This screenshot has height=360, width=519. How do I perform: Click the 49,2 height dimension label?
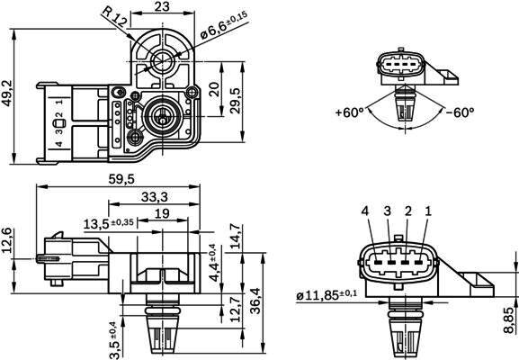pyautogui.click(x=7, y=94)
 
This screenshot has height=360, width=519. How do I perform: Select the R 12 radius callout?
pyautogui.click(x=114, y=16)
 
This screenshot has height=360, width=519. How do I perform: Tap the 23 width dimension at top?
pyautogui.click(x=162, y=6)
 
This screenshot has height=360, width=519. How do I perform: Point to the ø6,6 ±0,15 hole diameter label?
pyautogui.click(x=224, y=25)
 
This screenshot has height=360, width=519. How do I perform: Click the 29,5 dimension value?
pyautogui.click(x=236, y=100)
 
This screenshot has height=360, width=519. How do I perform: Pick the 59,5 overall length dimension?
pyautogui.click(x=121, y=179)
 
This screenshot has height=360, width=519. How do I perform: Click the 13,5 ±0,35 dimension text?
pyautogui.click(x=109, y=223)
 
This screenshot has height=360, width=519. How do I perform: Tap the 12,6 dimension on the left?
pyautogui.click(x=6, y=240)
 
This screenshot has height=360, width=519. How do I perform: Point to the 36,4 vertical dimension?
pyautogui.click(x=255, y=301)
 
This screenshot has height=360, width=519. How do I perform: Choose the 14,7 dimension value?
pyautogui.click(x=236, y=236)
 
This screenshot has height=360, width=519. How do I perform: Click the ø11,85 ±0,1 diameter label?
pyautogui.click(x=327, y=294)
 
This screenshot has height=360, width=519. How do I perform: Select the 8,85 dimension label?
pyautogui.click(x=508, y=319)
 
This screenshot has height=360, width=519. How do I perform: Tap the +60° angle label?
pyautogui.click(x=349, y=112)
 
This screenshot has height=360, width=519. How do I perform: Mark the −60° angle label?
pyautogui.click(x=460, y=112)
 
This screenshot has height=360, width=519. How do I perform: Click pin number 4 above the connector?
pyautogui.click(x=365, y=211)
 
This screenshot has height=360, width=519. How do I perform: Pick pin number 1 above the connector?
pyautogui.click(x=428, y=211)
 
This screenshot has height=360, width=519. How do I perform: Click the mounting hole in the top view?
pyautogui.click(x=162, y=61)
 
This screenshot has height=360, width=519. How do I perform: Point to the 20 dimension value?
pyautogui.click(x=215, y=89)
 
